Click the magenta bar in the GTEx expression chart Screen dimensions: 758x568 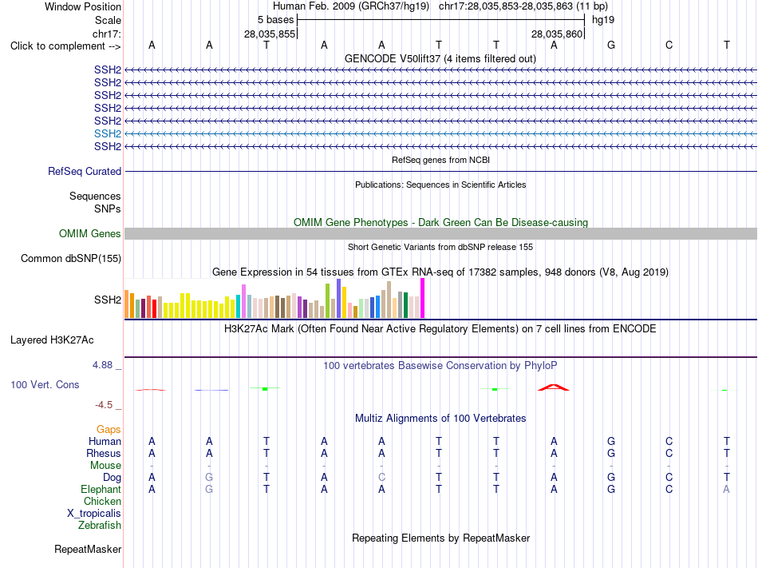(x=423, y=298)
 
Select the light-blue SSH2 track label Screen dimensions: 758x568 (x=108, y=133)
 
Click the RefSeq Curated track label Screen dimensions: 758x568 (x=85, y=171)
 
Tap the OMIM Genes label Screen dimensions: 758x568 (x=90, y=234)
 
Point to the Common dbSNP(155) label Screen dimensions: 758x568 (x=71, y=258)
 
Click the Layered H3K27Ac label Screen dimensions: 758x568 (x=52, y=340)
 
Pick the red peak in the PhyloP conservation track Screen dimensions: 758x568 (x=554, y=387)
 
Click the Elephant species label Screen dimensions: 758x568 (x=101, y=489)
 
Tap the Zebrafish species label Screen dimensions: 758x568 (x=100, y=525)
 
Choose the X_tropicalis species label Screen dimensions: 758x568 (x=94, y=514)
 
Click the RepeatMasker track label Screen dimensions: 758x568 (x=88, y=549)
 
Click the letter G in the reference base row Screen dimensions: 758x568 (x=611, y=45)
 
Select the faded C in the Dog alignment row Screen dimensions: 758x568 (x=381, y=477)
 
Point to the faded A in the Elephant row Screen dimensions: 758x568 (x=726, y=489)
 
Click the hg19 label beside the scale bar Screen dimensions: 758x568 (x=603, y=20)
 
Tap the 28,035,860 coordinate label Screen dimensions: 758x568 (x=557, y=34)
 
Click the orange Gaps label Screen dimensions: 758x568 (x=109, y=430)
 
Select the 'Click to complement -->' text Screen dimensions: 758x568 (x=65, y=46)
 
